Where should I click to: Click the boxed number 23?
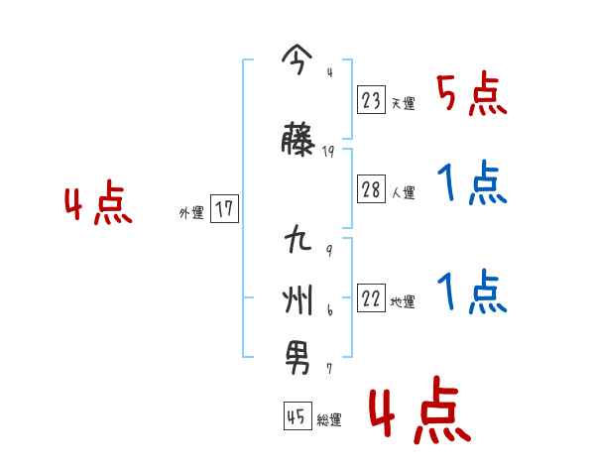pyautogui.click(x=372, y=100)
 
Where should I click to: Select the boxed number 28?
pyautogui.click(x=372, y=189)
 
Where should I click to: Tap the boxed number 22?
pyautogui.click(x=372, y=298)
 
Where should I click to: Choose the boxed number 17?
pyautogui.click(x=224, y=210)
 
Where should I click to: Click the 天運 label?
pyautogui.click(x=403, y=103)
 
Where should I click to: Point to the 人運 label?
pyautogui.click(x=403, y=192)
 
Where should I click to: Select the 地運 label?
pyautogui.click(x=403, y=301)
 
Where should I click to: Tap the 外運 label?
pyautogui.click(x=191, y=212)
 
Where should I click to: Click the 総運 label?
pyautogui.click(x=329, y=420)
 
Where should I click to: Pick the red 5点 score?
pyautogui.click(x=471, y=94)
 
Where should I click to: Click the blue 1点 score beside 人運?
pyautogui.click(x=471, y=183)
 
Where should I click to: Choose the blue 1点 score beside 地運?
pyautogui.click(x=471, y=292)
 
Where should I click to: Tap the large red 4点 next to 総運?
pyautogui.click(x=418, y=411)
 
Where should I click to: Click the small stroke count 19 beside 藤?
pyautogui.click(x=329, y=152)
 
